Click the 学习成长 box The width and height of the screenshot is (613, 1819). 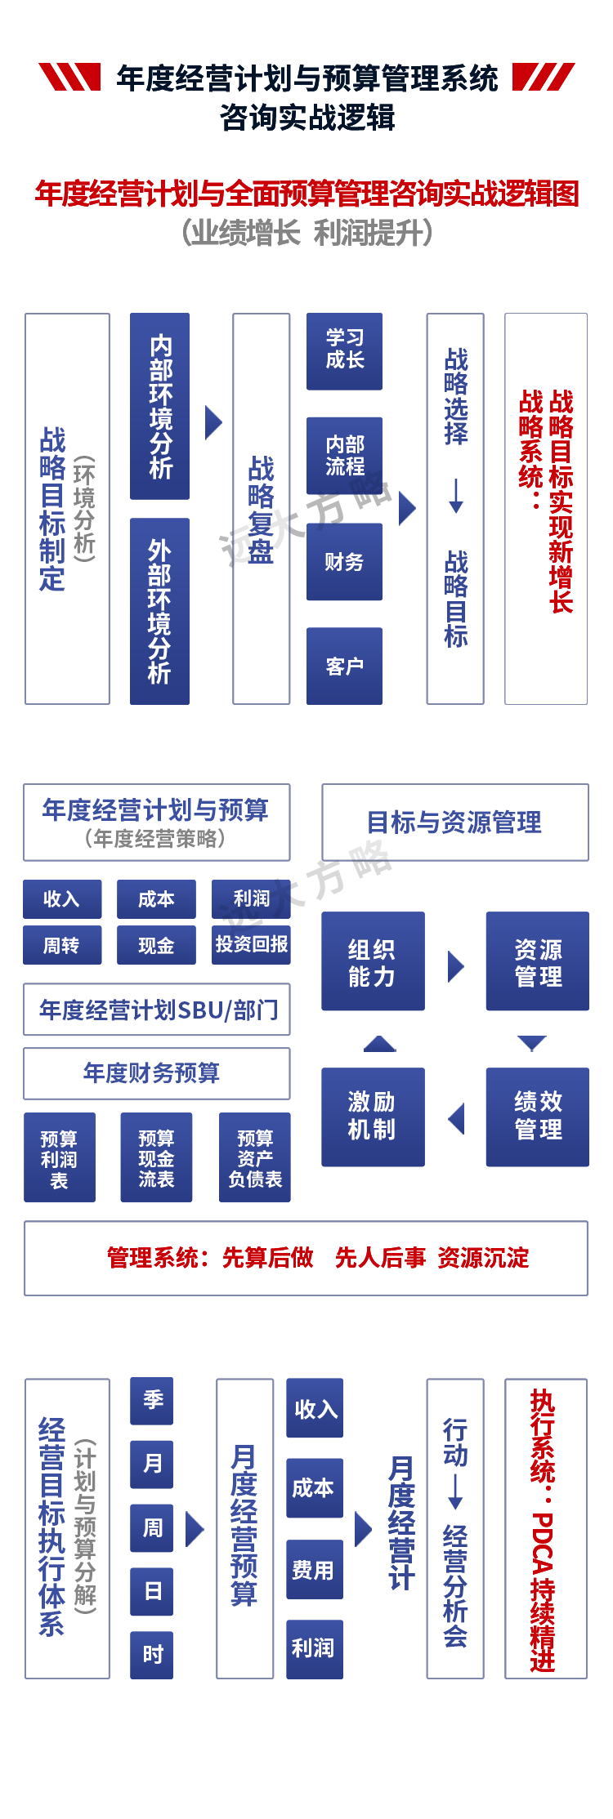[344, 351]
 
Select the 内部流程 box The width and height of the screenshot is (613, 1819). [344, 456]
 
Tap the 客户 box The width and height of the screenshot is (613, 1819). [344, 666]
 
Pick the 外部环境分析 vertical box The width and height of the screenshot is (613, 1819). [159, 611]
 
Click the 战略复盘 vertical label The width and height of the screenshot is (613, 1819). [261, 508]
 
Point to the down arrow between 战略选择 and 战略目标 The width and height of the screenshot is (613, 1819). [456, 496]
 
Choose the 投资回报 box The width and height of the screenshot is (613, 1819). [251, 945]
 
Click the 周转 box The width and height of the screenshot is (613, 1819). [62, 945]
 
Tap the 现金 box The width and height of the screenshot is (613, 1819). [156, 945]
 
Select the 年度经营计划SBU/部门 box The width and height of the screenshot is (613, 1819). [157, 1010]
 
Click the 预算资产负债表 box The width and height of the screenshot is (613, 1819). [254, 1157]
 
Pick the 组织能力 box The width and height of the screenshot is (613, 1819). [373, 962]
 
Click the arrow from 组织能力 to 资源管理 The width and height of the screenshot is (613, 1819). [456, 966]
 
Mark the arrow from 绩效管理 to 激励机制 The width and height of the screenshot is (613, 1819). [456, 1118]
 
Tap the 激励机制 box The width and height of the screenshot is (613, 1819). [373, 1117]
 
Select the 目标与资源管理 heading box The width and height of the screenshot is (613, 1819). [454, 822]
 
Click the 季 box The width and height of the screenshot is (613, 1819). [152, 1400]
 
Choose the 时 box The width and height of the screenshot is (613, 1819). [152, 1654]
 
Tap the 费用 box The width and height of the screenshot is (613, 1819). [314, 1569]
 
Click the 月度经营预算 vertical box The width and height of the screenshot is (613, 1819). [244, 1527]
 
